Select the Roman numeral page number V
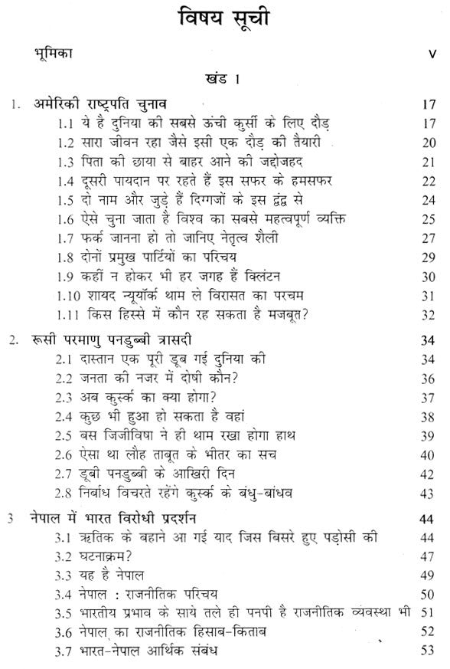click(x=432, y=55)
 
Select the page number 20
click(x=427, y=143)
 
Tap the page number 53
click(x=427, y=653)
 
